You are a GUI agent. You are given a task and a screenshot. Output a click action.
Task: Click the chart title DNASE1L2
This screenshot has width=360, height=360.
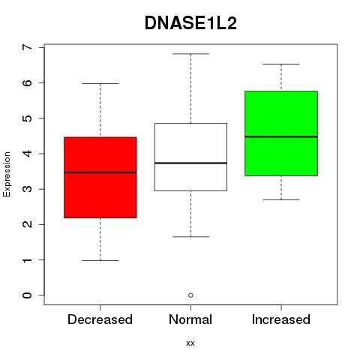190,23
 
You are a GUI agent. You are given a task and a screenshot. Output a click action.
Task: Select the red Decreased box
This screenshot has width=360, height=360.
100,178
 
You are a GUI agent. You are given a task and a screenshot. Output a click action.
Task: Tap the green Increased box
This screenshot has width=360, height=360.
281,133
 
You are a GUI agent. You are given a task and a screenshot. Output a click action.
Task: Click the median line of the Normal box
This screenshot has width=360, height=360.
190,163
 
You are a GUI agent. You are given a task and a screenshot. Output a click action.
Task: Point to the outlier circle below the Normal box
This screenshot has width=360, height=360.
190,295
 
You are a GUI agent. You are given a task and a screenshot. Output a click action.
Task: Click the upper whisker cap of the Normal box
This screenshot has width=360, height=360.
190,54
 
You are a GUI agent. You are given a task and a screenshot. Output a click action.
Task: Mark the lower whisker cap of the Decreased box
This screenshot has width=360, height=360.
100,260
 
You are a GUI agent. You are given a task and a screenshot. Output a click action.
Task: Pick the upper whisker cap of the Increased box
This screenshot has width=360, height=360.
281,64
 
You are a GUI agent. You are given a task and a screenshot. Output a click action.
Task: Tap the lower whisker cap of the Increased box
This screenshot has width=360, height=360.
281,199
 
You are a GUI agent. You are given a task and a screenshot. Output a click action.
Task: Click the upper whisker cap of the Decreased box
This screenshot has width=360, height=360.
100,83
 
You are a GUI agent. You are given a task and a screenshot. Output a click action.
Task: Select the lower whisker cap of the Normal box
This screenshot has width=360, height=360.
190,236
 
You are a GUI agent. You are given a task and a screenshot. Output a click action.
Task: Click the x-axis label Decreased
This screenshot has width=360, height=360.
100,319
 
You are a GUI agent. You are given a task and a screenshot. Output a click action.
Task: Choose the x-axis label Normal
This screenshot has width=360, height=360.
190,319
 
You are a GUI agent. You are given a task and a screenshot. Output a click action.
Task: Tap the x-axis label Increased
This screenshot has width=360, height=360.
281,319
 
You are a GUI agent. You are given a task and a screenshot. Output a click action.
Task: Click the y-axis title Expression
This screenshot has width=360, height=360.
7,174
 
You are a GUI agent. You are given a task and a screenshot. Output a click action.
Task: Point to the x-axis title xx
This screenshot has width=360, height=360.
190,343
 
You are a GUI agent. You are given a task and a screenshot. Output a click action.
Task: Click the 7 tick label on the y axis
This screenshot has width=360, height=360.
28,47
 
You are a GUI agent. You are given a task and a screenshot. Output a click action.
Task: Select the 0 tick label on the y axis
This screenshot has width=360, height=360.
28,295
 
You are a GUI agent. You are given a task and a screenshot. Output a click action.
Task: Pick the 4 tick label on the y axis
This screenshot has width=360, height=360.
28,154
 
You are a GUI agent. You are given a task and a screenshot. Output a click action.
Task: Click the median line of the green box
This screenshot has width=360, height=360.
281,136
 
